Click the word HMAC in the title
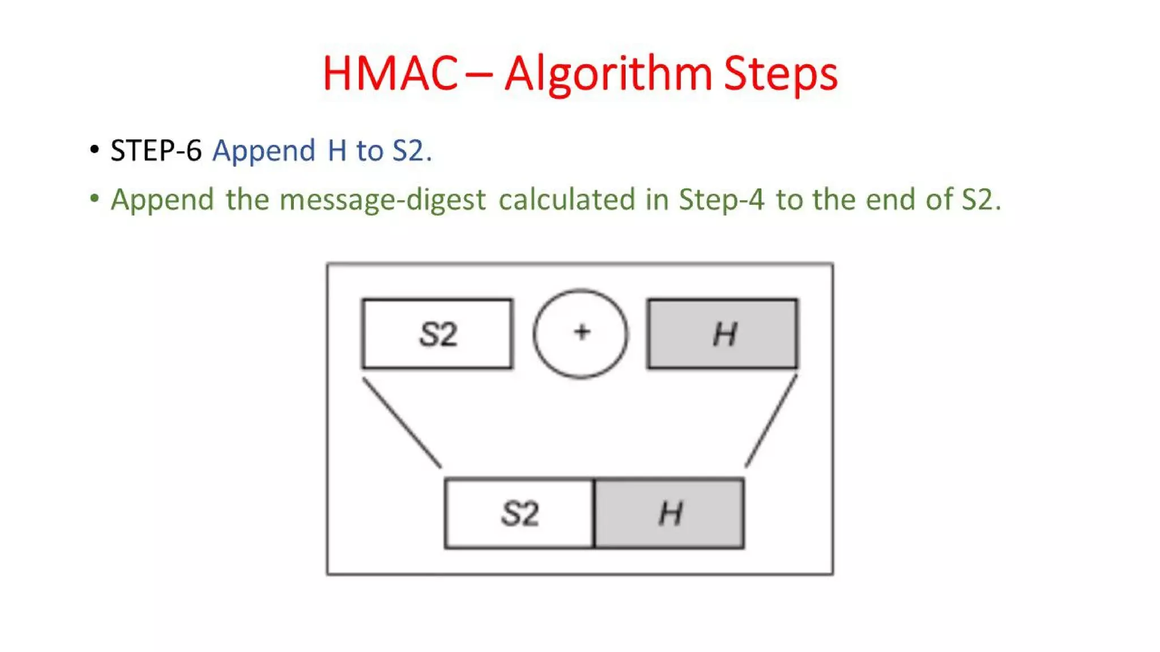click(390, 74)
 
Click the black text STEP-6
click(156, 151)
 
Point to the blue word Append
click(263, 151)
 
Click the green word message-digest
click(382, 200)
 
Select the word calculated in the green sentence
click(566, 199)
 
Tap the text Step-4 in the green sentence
click(721, 200)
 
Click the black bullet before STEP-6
click(95, 150)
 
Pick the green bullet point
click(95, 199)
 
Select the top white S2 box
click(437, 334)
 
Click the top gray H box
click(723, 334)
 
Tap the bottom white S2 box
click(519, 513)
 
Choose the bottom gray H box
click(669, 513)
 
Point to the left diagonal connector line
click(402, 423)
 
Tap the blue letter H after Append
click(337, 151)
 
